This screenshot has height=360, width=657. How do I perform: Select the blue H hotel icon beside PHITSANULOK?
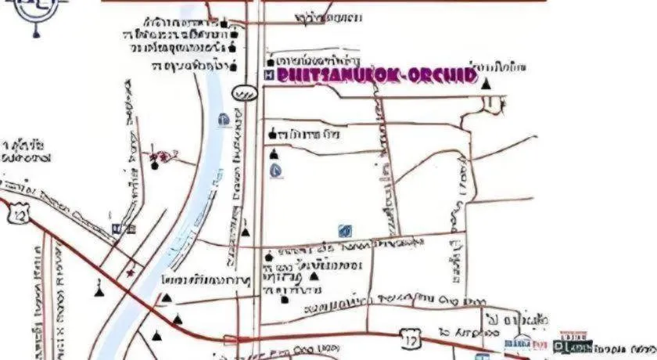click(x=269, y=74)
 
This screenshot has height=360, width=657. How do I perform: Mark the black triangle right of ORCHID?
click(x=486, y=81)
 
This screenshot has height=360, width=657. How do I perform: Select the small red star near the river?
click(x=131, y=272)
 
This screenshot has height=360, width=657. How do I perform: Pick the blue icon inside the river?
click(x=224, y=120)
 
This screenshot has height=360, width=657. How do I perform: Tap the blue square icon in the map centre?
click(x=345, y=230)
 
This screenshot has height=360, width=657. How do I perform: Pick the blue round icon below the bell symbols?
click(x=275, y=170)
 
